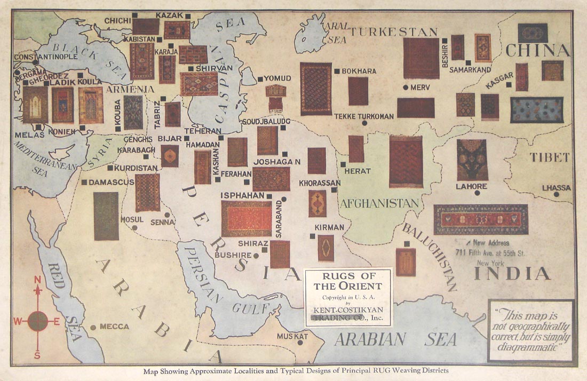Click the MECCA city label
[x=114, y=327]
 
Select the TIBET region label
[x=550, y=157]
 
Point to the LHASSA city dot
[x=556, y=195]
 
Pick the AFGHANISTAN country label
[x=379, y=203]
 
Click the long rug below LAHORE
[x=480, y=219]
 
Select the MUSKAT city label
[x=292, y=337]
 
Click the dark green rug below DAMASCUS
[x=106, y=216]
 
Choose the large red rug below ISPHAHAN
[x=247, y=218]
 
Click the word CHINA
[x=537, y=51]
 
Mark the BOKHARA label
[x=359, y=71]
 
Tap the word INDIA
[x=512, y=274]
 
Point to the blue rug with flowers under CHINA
[x=536, y=110]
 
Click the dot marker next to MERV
[x=406, y=87]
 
